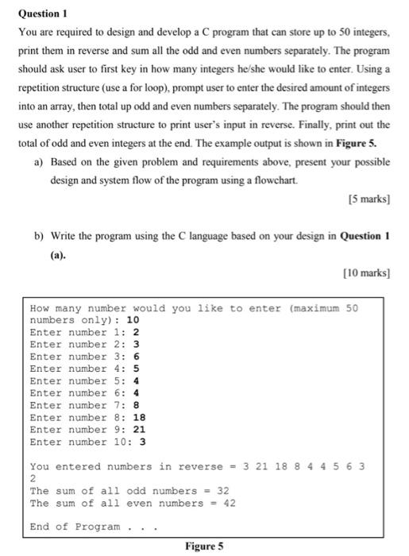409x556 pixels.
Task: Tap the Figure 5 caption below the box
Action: point(204,546)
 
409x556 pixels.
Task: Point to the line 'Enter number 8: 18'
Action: point(87,417)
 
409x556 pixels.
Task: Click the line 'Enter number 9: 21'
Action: point(87,429)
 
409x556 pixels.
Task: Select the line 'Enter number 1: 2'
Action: point(84,332)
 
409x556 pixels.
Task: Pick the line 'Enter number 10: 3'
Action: point(87,442)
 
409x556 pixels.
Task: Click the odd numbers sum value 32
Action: point(223,491)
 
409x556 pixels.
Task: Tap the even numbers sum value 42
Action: point(229,503)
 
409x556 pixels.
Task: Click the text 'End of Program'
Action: point(75,527)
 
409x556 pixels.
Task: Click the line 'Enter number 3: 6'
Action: point(84,357)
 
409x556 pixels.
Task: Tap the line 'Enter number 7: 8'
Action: point(84,405)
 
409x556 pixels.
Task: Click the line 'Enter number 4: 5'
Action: point(84,369)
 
